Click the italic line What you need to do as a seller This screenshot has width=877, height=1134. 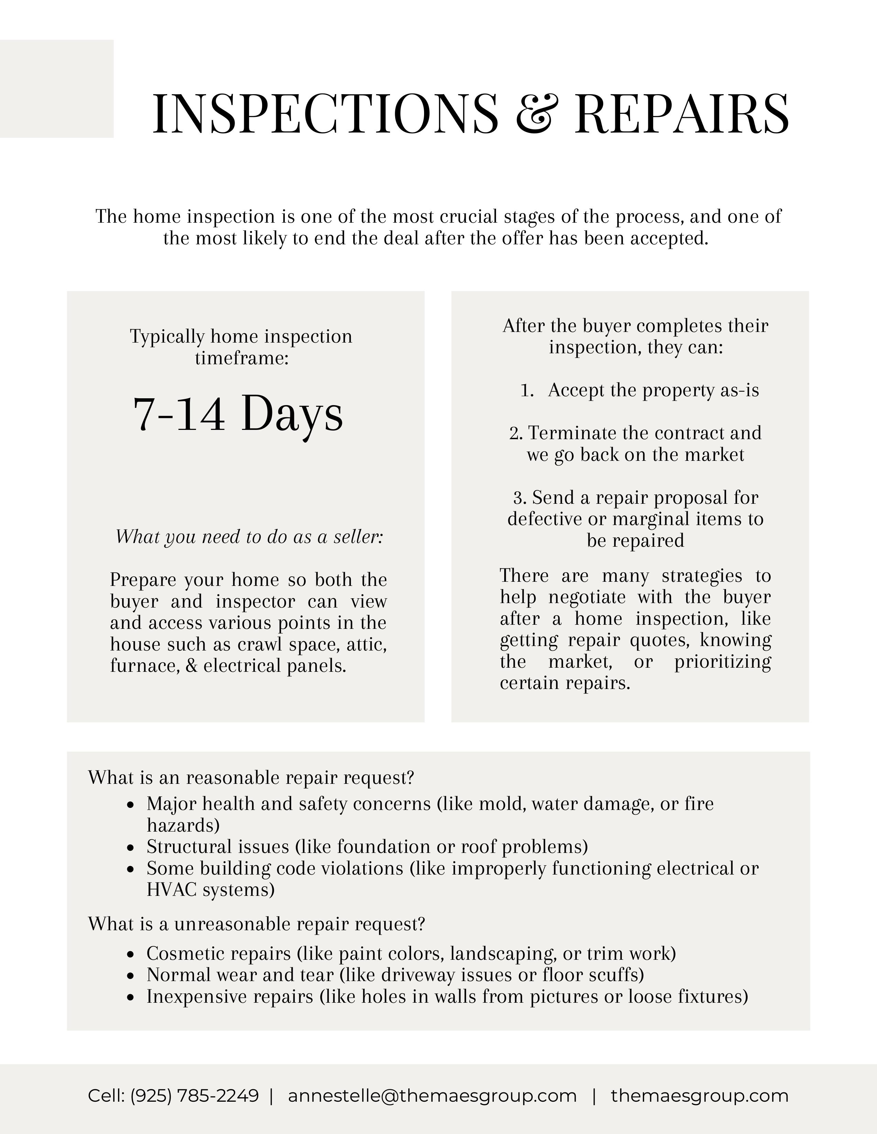click(x=249, y=536)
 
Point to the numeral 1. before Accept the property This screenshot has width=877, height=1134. click(x=527, y=390)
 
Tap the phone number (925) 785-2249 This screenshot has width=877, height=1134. click(x=194, y=1095)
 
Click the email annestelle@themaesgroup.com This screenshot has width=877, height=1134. click(x=432, y=1095)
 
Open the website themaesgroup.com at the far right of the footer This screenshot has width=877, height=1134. click(x=699, y=1095)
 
